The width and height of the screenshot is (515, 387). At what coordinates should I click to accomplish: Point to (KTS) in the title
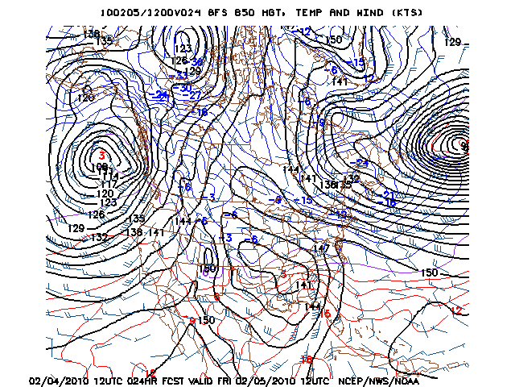[402, 13]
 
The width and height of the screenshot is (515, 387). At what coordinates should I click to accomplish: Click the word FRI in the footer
[223, 381]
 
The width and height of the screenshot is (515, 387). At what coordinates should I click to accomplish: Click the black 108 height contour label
[100, 167]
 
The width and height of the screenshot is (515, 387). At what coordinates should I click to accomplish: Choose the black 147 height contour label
[321, 248]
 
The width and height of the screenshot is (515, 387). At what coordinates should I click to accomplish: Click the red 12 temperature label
[457, 310]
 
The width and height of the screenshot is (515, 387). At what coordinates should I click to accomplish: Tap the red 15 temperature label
[325, 314]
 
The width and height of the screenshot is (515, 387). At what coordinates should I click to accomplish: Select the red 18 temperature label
[306, 359]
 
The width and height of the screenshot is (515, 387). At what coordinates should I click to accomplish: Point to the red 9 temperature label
[192, 320]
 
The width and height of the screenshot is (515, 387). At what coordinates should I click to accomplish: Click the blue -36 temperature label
[196, 61]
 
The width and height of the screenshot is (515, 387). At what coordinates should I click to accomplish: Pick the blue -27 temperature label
[192, 95]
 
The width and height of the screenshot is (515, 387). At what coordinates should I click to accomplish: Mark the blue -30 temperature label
[184, 87]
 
